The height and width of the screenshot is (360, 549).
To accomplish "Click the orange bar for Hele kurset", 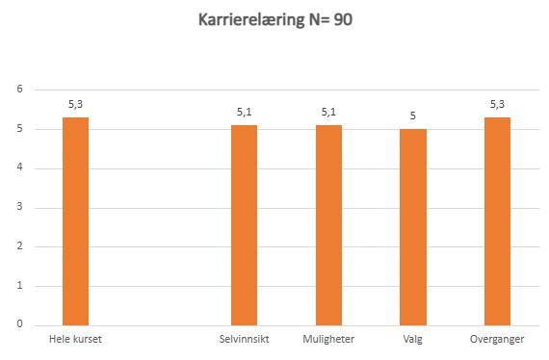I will point(75,221).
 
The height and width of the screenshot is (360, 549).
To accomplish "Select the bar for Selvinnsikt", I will point(244,225).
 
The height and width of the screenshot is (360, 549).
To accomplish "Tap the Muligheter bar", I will point(328,225).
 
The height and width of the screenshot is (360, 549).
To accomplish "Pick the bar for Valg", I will point(412,227).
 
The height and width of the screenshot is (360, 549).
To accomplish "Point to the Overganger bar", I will point(497,221).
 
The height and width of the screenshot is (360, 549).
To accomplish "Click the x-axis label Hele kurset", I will point(75,340).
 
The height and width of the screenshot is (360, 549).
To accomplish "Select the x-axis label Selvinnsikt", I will point(244,340).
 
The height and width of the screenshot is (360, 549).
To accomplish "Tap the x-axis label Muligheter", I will point(328,340).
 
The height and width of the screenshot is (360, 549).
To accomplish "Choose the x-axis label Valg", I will point(412,340).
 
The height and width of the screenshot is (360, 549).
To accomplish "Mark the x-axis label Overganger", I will point(497,340).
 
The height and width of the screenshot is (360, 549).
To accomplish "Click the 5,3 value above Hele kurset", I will point(75,104).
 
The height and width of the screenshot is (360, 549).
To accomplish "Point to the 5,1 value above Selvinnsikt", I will point(244,112).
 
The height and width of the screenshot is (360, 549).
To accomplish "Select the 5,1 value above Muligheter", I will point(328,112).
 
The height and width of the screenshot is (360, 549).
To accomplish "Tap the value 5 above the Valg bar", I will point(412,116).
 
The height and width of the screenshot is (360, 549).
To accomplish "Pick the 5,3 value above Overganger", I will point(497,104).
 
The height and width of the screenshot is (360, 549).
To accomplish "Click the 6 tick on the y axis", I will point(18,90).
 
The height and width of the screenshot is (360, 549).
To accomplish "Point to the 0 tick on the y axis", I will point(18,325).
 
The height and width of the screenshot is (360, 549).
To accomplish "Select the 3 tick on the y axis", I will point(18,208).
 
